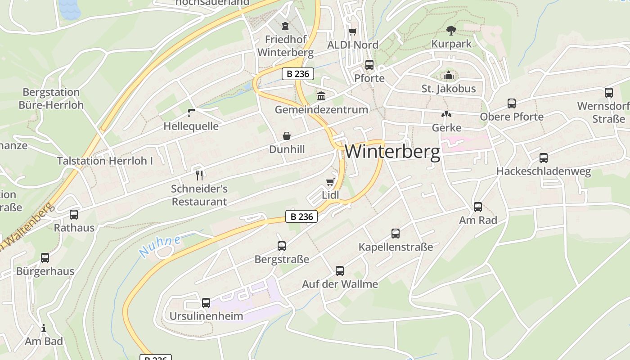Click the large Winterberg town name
coord(392,152)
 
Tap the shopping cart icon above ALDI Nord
coord(353,31)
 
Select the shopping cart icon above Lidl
coord(330,182)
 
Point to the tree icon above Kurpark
coord(451,30)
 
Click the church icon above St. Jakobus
coord(448,75)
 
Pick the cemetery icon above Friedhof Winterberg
coord(285,26)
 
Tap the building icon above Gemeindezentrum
coord(321,96)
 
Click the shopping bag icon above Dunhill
coord(287,136)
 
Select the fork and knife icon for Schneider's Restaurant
coord(200,175)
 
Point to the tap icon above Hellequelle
coord(191,112)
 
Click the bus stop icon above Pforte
coord(369,65)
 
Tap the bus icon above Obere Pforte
coord(512,103)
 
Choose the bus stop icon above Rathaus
coord(74,215)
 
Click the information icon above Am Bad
coord(44,328)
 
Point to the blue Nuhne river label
coord(160,246)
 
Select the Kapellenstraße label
coord(396,247)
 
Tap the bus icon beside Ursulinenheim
coord(206,302)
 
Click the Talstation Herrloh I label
coord(105,161)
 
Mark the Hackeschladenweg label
coord(543,171)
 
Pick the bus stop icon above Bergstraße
coord(282,246)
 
